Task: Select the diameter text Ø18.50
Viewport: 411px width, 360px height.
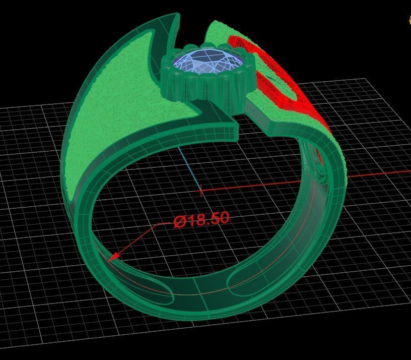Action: click(x=201, y=219)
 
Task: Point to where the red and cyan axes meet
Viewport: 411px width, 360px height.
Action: click(x=201, y=191)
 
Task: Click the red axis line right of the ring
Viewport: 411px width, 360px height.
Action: click(x=378, y=174)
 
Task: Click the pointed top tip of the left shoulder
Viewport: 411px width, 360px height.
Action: click(x=177, y=16)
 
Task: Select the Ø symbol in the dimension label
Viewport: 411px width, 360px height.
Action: click(x=180, y=222)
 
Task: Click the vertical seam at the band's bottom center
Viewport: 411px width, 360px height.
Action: click(x=206, y=303)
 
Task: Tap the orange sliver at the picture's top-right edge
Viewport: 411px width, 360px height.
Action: click(x=409, y=20)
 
